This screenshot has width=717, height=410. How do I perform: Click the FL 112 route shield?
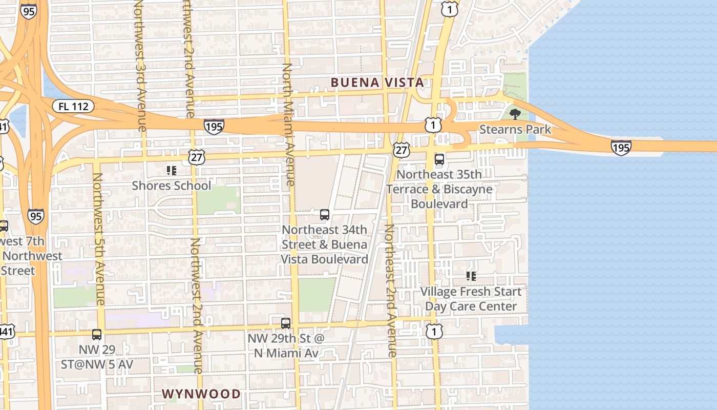[x=73, y=107]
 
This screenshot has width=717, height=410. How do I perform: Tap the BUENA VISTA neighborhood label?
[x=377, y=83]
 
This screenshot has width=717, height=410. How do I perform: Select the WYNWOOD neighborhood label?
[x=201, y=394]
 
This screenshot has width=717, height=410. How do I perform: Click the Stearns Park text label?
[x=515, y=129]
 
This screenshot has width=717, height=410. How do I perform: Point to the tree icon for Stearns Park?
[x=515, y=114]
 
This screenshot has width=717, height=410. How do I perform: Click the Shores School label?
[x=171, y=186]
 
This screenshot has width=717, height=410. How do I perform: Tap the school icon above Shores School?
[x=171, y=170]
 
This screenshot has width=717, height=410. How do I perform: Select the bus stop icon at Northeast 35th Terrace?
[x=439, y=159]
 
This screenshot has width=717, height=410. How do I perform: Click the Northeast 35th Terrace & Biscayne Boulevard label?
[x=439, y=189]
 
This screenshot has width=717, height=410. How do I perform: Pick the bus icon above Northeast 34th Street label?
[x=325, y=215]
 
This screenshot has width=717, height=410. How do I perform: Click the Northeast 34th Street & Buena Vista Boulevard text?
[x=325, y=244]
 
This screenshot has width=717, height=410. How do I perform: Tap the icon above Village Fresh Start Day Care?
[x=471, y=276]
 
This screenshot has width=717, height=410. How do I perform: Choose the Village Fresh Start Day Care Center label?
[x=471, y=299]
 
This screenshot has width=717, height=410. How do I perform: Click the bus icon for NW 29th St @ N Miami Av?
[x=286, y=323]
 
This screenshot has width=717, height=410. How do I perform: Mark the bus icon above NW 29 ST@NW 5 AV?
[x=97, y=335]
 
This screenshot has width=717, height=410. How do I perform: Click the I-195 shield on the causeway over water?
[x=621, y=148]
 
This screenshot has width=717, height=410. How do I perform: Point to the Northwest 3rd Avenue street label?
[x=140, y=66]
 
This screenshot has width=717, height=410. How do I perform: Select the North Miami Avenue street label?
[x=288, y=125]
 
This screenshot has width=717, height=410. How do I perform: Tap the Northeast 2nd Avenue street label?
[x=391, y=290]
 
